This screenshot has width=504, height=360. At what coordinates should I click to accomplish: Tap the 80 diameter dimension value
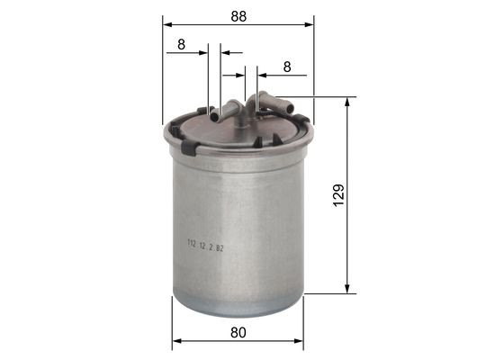tap(238, 332)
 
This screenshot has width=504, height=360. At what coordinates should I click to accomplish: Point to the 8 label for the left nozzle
tap(182, 43)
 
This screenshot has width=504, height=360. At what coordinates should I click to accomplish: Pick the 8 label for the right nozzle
tap(286, 66)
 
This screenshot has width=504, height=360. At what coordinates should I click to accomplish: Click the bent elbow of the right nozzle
tap(262, 98)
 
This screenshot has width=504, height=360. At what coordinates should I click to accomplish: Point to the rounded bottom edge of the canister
tap(238, 310)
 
